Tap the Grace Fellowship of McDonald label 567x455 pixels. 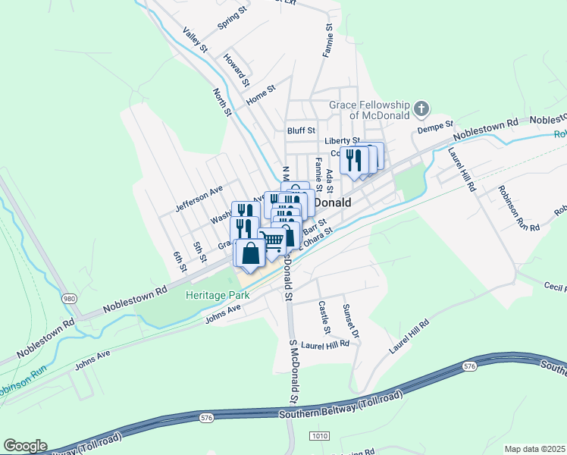[x=368, y=110]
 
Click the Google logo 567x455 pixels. [x=25, y=446]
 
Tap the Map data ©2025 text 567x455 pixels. [x=534, y=449]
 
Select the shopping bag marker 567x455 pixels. [x=251, y=254]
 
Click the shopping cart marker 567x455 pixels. [x=273, y=242]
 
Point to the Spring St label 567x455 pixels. [x=233, y=20]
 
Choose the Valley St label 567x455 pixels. [x=195, y=40]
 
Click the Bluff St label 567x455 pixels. [x=300, y=130]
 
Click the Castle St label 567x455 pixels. [x=324, y=318]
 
